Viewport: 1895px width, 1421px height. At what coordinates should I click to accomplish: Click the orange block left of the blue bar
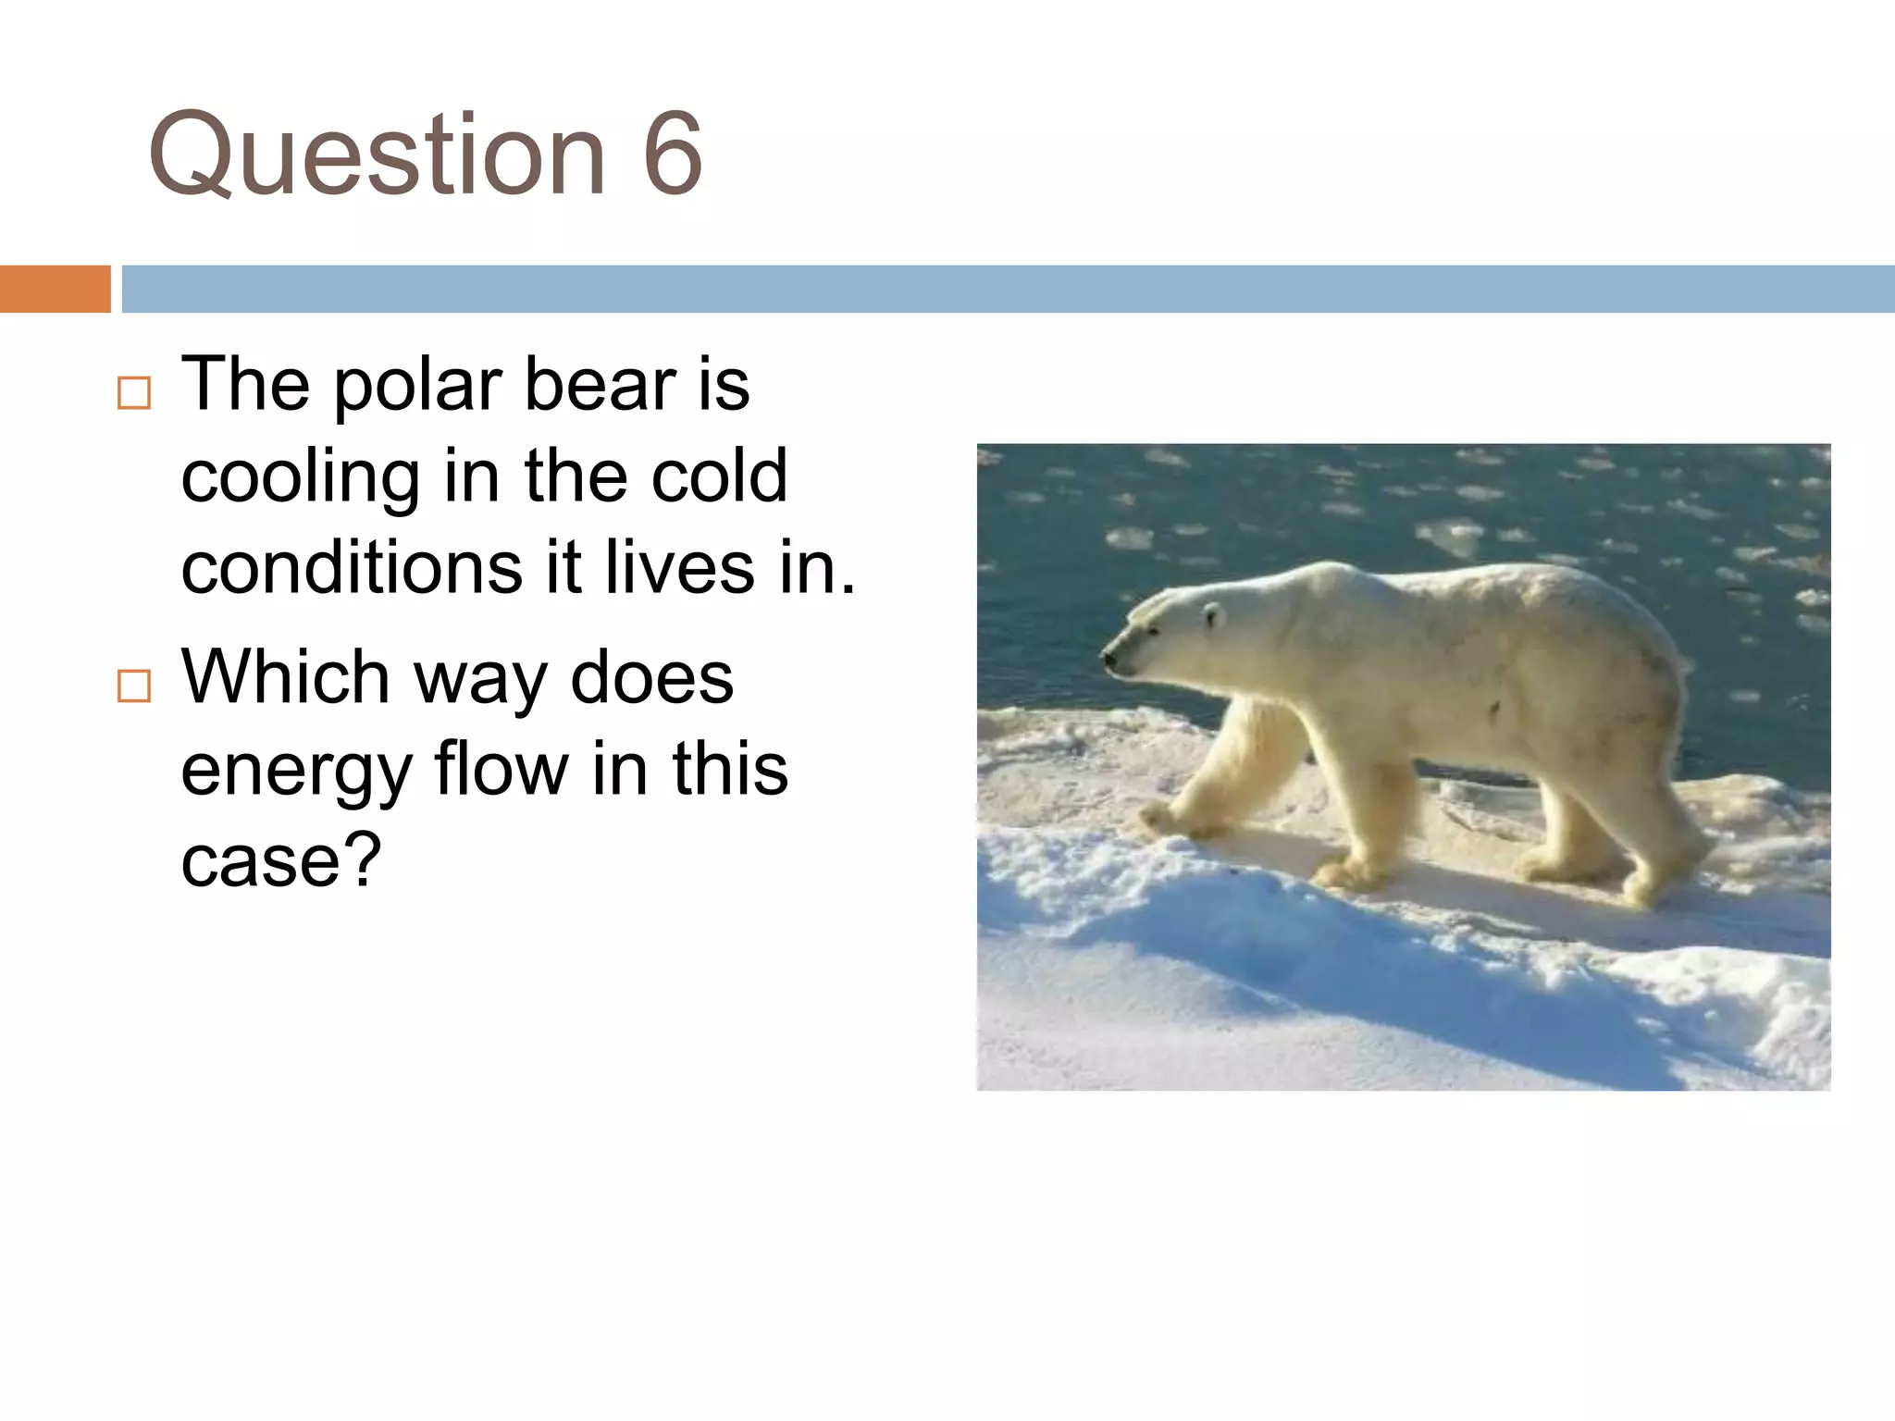(55, 289)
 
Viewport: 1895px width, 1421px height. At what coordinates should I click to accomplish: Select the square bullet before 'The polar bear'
(134, 393)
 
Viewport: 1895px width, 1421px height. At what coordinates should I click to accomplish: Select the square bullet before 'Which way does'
(134, 686)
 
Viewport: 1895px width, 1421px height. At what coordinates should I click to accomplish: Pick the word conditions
(352, 568)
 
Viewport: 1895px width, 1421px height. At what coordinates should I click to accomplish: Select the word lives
(679, 568)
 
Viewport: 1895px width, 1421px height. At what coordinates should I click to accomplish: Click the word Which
(285, 677)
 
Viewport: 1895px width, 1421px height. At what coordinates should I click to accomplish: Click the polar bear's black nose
(1107, 659)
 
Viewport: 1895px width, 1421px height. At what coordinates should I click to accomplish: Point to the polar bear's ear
(1213, 613)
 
